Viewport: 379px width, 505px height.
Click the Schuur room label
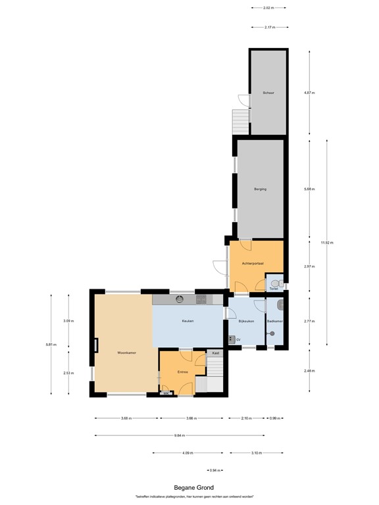click(268, 93)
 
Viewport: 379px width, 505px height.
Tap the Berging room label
click(260, 189)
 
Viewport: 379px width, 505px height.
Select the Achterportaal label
click(253, 264)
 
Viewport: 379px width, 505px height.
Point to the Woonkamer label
click(126, 352)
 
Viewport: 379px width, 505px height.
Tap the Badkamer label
click(274, 321)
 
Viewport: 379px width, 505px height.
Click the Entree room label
click(183, 372)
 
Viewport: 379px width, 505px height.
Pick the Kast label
click(215, 353)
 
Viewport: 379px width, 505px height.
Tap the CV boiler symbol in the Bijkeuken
click(232, 339)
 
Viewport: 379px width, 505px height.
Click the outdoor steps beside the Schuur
click(241, 121)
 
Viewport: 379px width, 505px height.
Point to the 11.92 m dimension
click(326, 243)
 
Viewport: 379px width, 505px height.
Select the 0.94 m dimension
click(211, 470)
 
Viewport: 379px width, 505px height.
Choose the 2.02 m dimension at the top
click(268, 8)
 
